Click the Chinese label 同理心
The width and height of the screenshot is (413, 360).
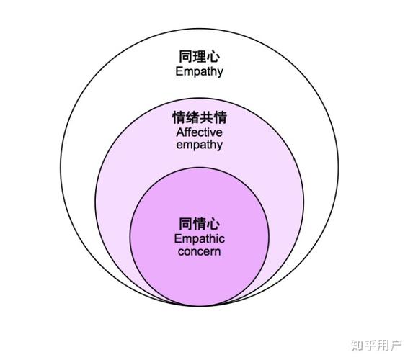199,56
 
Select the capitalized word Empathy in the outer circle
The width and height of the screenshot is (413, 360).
200,71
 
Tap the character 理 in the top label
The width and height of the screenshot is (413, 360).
199,56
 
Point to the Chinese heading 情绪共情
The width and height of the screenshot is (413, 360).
200,117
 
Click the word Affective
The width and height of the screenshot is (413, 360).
200,132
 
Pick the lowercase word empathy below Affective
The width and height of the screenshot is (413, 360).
200,145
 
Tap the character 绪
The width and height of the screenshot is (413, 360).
192,117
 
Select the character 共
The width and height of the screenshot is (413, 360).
206,117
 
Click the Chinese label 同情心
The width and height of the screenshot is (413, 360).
200,224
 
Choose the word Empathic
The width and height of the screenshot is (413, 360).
200,239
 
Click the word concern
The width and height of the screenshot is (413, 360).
200,251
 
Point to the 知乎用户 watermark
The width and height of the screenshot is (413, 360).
377,346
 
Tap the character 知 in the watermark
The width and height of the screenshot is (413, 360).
358,346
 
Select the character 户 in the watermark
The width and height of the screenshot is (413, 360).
396,346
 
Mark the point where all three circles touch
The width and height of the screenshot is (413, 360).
200,306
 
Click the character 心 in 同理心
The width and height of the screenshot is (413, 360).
213,56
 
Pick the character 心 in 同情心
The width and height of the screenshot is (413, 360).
213,224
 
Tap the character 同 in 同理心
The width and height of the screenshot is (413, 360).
186,56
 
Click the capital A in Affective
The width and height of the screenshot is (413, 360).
180,132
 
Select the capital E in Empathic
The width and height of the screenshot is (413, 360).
177,239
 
